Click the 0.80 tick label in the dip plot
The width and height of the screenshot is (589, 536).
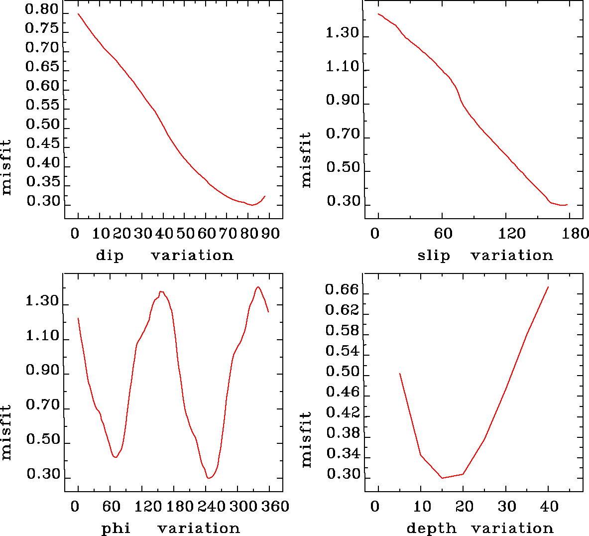(x=42, y=10)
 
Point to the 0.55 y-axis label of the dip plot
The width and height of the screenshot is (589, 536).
(x=42, y=105)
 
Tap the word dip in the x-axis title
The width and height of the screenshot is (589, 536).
(x=110, y=256)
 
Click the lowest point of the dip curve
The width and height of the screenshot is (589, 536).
(x=252, y=205)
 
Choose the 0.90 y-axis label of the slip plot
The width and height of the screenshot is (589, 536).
(x=343, y=101)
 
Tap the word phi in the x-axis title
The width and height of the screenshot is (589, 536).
(x=116, y=529)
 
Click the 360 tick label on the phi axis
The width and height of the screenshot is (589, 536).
(x=275, y=507)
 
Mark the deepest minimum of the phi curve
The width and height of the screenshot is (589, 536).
(x=209, y=478)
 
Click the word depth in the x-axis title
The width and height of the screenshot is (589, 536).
(x=431, y=529)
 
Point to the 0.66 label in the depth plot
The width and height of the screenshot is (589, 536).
(x=342, y=290)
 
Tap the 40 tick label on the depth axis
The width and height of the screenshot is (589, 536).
(x=550, y=507)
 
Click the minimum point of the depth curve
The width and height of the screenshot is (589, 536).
(x=442, y=478)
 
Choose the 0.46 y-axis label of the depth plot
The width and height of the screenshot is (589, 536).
(x=342, y=393)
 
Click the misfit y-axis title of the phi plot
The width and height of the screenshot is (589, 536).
(x=6, y=432)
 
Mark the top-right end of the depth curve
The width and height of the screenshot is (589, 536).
(x=548, y=287)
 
